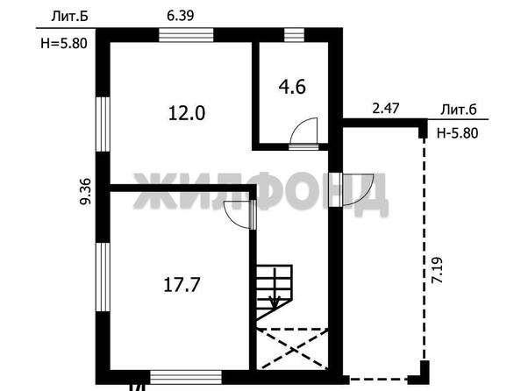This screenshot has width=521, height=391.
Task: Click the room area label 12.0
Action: coord(187,113)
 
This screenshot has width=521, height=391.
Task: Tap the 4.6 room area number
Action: coord(292,88)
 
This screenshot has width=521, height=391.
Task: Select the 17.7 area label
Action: coord(182,285)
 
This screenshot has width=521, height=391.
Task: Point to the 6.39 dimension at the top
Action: coord(180,16)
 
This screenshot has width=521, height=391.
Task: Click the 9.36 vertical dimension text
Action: coord(85,191)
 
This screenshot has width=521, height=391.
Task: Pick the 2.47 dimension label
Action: coord(385,109)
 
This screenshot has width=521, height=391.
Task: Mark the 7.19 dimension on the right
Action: coord(437,270)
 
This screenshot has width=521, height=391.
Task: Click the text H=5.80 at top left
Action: coord(64,43)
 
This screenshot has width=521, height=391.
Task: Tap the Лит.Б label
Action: coord(70,16)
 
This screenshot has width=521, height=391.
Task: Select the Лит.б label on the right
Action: coord(459,110)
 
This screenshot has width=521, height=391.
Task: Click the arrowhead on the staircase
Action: coord(275,302)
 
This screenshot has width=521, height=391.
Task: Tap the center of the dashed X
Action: coord(292,349)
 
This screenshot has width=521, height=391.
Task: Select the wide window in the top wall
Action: coord(186,35)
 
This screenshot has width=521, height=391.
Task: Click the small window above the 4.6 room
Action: coord(294,35)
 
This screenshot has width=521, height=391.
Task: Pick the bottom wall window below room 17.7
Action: coord(186,377)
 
